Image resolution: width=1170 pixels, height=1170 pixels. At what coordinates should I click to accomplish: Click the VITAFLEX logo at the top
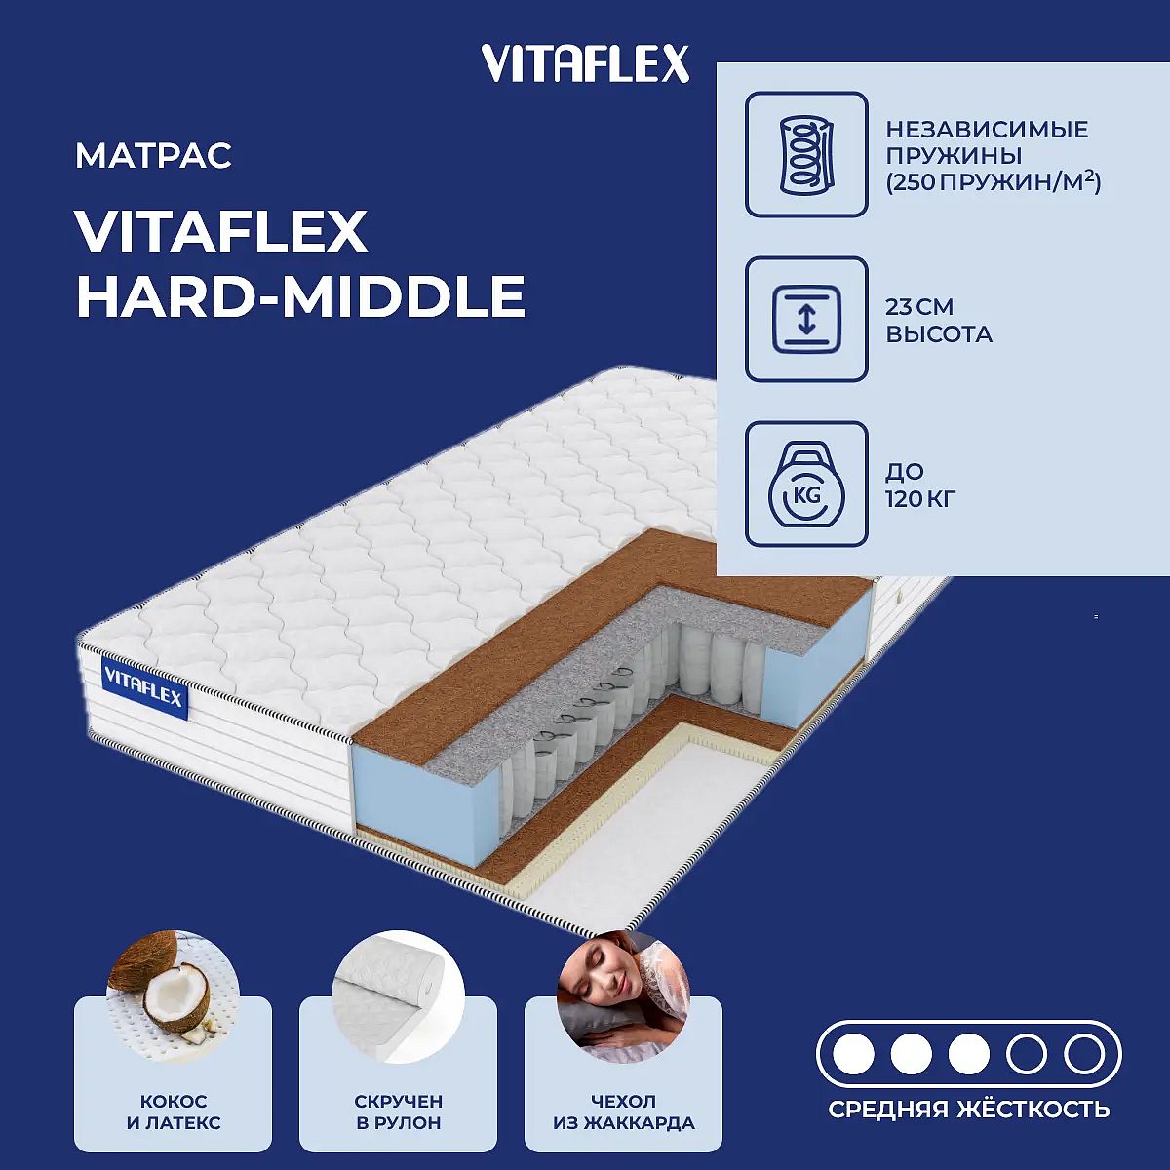coord(585,63)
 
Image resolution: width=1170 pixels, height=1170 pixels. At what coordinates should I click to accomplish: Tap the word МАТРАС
coord(154,155)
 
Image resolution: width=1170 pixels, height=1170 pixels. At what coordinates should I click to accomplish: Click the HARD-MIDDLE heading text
coord(300,296)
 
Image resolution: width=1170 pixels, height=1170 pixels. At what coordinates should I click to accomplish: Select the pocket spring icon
coord(806,154)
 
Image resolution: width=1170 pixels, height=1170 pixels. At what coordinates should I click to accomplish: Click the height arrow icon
coord(806,319)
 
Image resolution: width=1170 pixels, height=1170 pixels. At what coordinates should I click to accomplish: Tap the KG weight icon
coord(806,484)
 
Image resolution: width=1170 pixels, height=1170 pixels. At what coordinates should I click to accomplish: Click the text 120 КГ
coord(920,498)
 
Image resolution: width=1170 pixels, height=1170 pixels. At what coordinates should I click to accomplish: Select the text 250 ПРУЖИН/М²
coord(994,182)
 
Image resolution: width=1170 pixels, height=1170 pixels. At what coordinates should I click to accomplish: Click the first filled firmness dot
coord(854,1055)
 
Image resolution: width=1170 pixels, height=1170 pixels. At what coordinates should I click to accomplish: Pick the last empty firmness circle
coord(1084,1055)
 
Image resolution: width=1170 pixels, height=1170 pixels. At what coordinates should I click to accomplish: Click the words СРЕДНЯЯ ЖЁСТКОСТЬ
coord(969,1110)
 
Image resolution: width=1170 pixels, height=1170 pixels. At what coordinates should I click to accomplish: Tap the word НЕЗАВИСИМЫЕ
coord(988,130)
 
